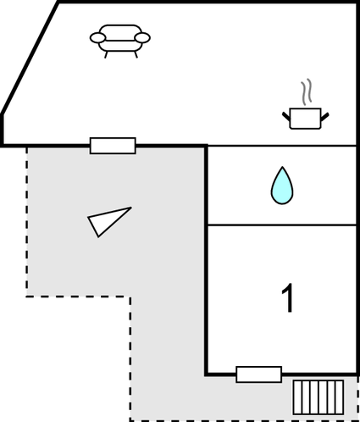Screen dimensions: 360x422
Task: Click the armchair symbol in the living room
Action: [120, 40]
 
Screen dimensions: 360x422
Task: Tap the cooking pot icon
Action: [306, 119]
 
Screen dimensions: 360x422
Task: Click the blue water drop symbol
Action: [282, 186]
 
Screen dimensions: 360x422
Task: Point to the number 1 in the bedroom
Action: [288, 298]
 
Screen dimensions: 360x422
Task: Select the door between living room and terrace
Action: [113, 146]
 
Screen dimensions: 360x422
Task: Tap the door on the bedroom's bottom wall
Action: [259, 375]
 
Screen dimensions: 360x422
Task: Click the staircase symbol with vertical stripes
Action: [318, 397]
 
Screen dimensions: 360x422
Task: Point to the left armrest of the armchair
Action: [97, 38]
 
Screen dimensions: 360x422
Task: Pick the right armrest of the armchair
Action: [142, 38]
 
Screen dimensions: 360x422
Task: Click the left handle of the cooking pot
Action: [286, 117]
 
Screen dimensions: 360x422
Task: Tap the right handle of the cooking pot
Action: [324, 117]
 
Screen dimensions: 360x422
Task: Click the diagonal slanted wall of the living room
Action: [30, 58]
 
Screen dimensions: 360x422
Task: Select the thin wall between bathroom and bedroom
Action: [282, 225]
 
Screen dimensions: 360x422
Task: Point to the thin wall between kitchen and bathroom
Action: [282, 146]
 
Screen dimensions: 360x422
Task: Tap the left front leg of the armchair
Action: [106, 55]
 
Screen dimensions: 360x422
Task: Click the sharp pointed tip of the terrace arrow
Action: [131, 208]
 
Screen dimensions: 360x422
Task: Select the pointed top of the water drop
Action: [282, 167]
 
